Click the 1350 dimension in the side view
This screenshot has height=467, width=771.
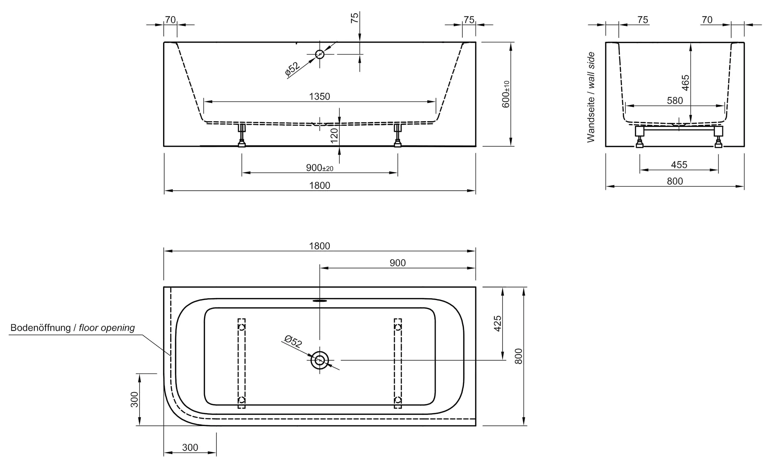[x=319, y=97]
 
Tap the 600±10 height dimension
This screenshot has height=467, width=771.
[x=506, y=94]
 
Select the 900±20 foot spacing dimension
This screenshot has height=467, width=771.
[x=319, y=168]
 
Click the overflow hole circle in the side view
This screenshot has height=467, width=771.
[x=320, y=54]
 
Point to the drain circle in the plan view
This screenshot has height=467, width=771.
[x=320, y=360]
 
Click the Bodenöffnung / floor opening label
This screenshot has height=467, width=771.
[x=73, y=328]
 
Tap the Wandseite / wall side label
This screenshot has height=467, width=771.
[x=591, y=97]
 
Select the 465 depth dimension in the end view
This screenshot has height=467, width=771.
[x=685, y=83]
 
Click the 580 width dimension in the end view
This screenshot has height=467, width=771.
[x=675, y=101]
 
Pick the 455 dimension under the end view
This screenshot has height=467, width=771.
[x=679, y=165]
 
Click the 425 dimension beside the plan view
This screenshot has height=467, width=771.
[x=498, y=323]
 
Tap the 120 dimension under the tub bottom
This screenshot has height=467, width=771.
[x=334, y=135]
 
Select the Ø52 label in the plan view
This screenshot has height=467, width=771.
[x=293, y=342]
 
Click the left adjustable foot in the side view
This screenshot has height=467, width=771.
[x=242, y=136]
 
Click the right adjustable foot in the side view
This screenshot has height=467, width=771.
[x=397, y=136]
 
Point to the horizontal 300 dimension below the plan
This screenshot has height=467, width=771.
[x=190, y=447]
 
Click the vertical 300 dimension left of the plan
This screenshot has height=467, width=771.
[x=135, y=399]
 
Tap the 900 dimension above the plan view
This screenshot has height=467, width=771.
[x=397, y=263]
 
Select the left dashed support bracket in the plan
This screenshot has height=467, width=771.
[x=242, y=363]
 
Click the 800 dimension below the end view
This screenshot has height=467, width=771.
[x=675, y=181]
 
